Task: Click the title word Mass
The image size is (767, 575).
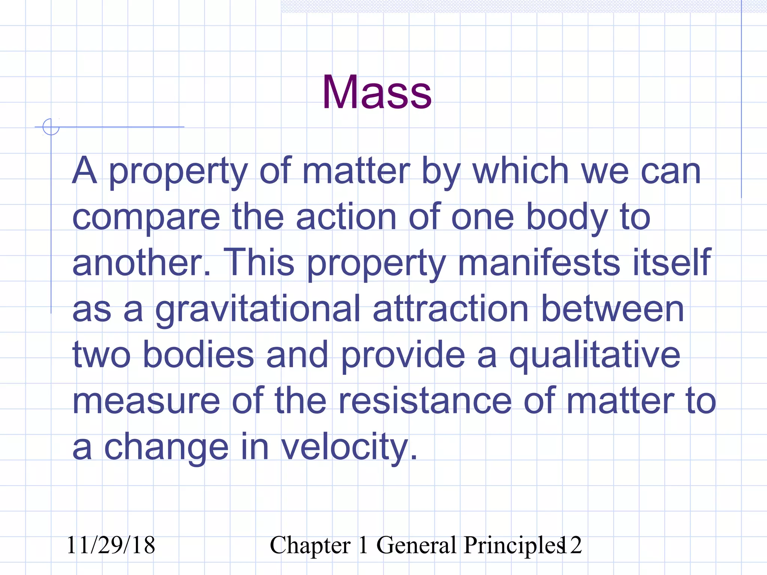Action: point(377,92)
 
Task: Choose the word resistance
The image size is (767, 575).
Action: point(425,401)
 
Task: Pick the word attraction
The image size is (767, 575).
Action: point(451,309)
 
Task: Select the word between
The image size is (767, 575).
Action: point(613,309)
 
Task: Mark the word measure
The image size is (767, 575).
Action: point(146,401)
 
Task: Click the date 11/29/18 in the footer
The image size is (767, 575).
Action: point(110,545)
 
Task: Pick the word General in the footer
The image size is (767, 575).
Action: point(416,545)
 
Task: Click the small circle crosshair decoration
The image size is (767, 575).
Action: point(51,127)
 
